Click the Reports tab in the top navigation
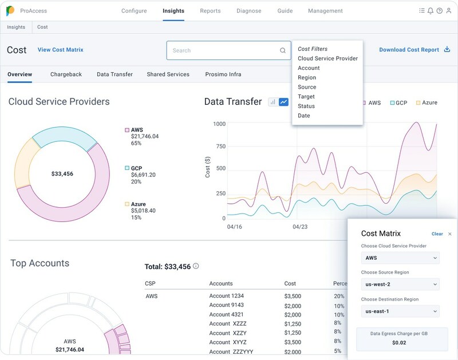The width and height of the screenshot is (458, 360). coord(211,11)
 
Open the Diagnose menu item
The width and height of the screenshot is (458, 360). coord(248,11)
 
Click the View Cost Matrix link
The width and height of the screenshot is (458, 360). coord(61,50)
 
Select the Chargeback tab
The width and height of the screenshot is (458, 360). coord(66,74)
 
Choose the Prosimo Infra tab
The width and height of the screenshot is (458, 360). coord(226,74)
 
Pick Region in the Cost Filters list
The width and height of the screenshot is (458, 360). coord(307,77)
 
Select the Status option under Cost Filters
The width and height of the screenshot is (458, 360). coord(306,106)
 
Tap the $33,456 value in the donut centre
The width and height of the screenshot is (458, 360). coord(62,173)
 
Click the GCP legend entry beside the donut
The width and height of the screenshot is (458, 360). coord(136,168)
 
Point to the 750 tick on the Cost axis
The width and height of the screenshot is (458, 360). coord(219,147)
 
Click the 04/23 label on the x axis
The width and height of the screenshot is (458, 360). coord(301,227)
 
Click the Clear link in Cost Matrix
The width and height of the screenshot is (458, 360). coord(437,234)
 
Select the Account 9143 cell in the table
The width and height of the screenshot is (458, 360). coord(227,305)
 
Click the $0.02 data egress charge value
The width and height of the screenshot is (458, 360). coord(399,342)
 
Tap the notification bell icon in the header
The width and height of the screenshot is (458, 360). coord(431,11)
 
